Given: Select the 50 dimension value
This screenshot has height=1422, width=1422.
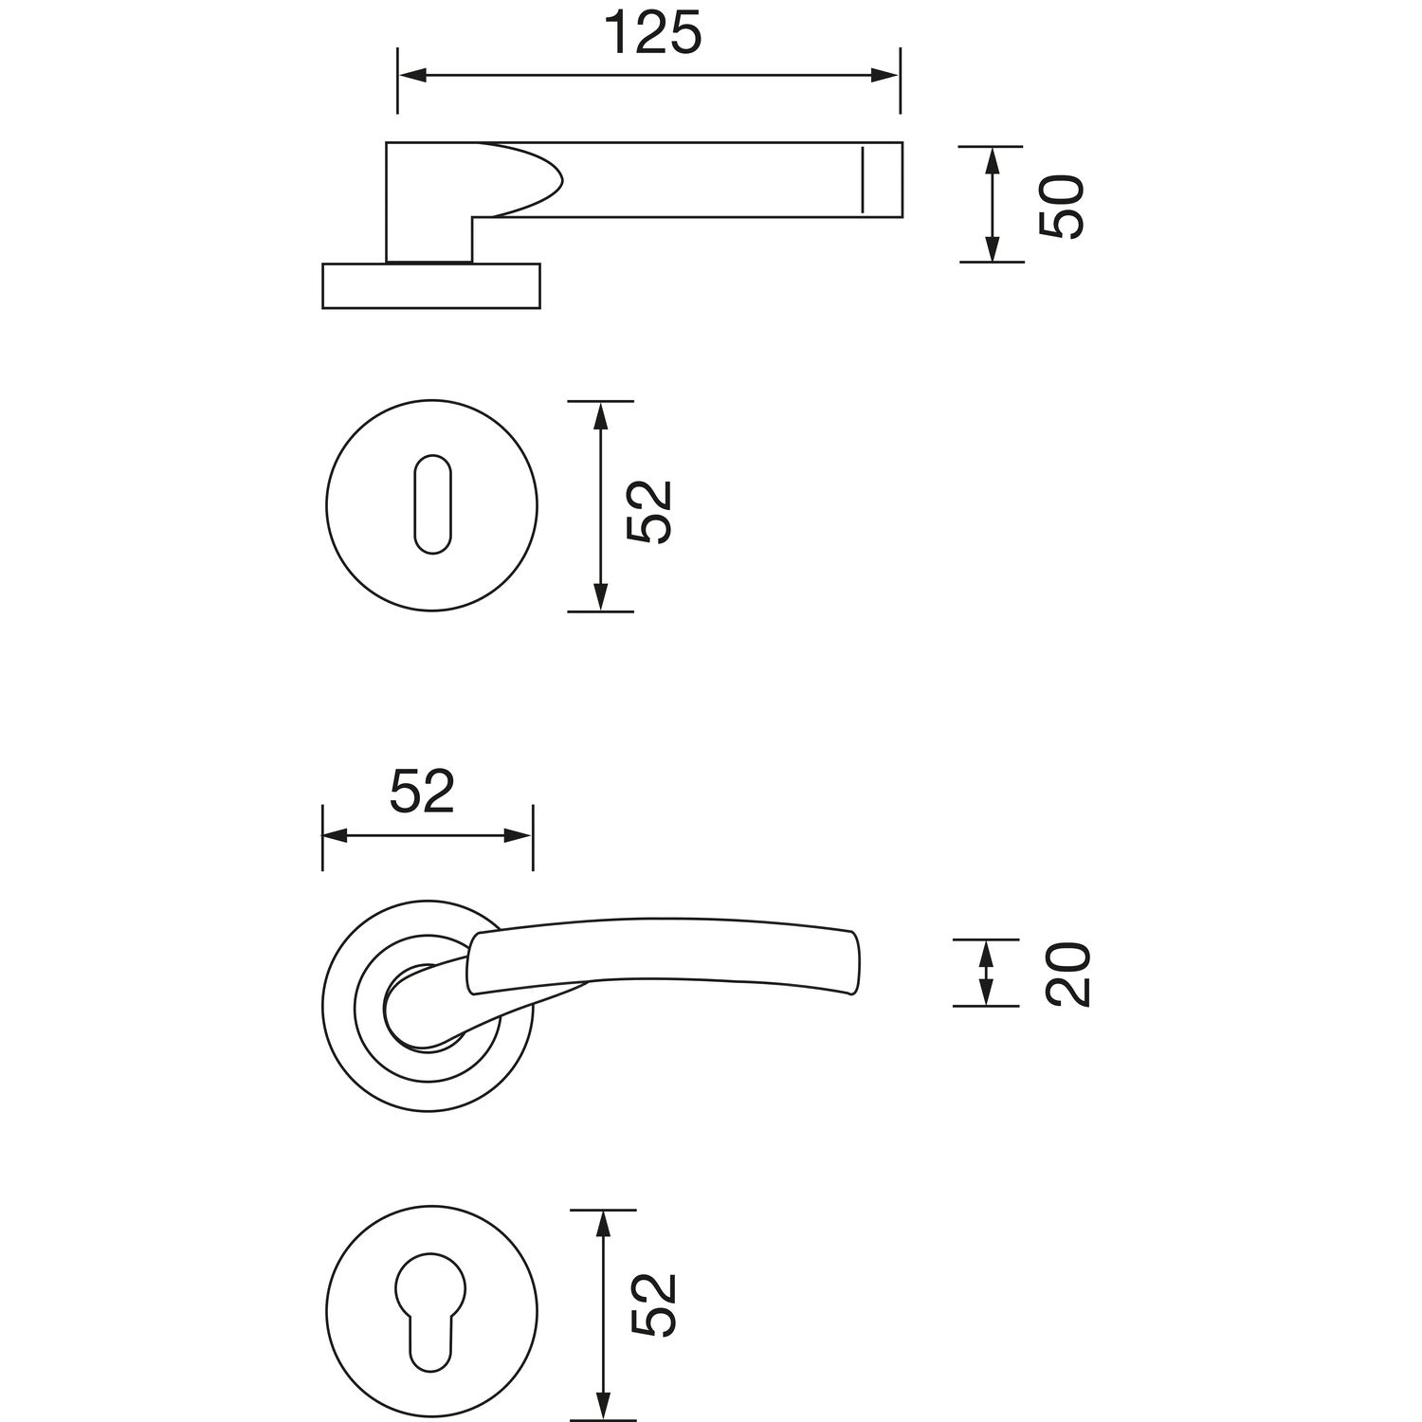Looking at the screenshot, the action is click(1060, 207).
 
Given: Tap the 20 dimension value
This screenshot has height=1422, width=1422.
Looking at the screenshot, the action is click(1068, 975).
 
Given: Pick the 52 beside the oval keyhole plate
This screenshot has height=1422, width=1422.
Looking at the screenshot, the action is click(649, 511).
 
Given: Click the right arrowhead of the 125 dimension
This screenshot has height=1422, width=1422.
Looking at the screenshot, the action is click(885, 75).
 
